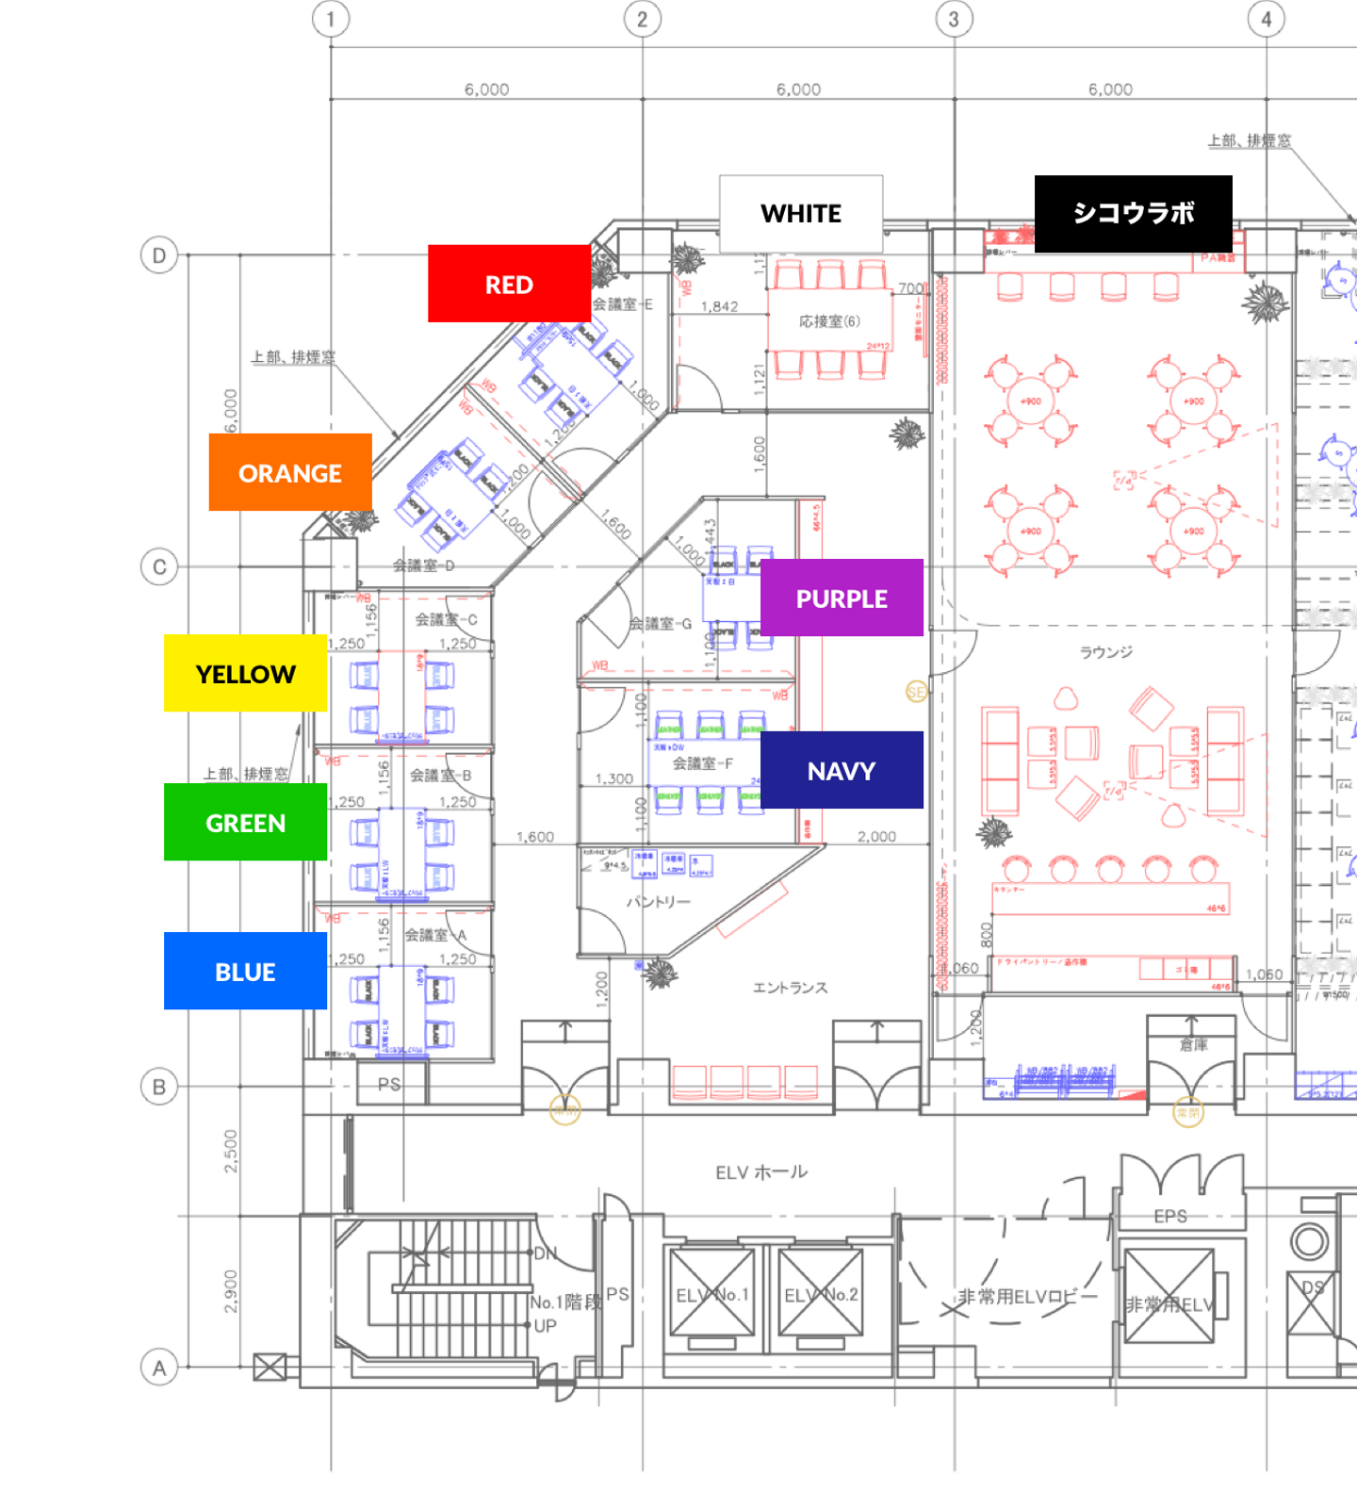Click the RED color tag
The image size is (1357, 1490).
click(509, 284)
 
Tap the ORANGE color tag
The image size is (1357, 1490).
click(290, 472)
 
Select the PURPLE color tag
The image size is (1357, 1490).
click(842, 598)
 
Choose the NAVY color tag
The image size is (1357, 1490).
click(842, 770)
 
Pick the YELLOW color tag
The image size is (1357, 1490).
click(245, 673)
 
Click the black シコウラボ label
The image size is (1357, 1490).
click(1133, 214)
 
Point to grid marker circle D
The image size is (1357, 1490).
click(159, 255)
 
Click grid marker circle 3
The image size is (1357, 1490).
click(954, 19)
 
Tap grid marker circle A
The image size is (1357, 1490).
click(159, 1367)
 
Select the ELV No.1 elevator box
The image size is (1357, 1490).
click(712, 1294)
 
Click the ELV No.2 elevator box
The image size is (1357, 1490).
click(821, 1294)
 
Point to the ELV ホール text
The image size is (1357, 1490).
click(761, 1172)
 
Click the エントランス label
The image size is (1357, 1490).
click(790, 988)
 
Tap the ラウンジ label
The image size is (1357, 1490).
click(1105, 652)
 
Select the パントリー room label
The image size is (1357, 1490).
click(659, 902)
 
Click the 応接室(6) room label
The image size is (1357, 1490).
click(829, 321)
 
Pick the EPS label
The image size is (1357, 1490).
click(1170, 1216)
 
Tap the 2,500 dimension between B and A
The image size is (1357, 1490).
click(231, 1151)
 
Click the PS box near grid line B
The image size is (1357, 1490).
click(389, 1085)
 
